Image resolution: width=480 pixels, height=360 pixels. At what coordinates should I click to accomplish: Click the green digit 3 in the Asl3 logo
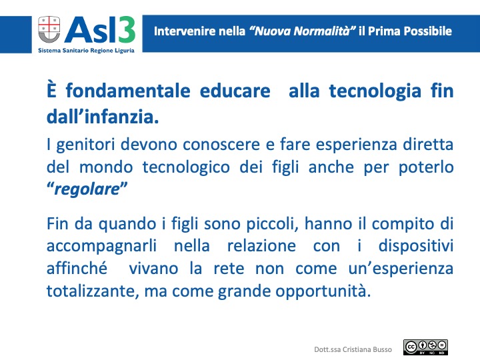(126, 30)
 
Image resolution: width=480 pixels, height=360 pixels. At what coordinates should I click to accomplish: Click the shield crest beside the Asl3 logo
(49, 30)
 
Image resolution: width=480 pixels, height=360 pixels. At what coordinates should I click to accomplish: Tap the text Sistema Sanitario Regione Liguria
(86, 51)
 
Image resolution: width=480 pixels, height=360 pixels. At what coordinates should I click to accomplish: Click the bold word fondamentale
(128, 91)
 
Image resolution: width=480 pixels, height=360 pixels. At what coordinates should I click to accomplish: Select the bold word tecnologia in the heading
(375, 91)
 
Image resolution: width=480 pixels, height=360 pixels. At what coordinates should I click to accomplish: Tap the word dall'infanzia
(103, 116)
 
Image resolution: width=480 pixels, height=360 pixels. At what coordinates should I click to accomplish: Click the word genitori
(86, 145)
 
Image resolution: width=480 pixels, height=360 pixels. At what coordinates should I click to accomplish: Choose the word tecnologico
(186, 167)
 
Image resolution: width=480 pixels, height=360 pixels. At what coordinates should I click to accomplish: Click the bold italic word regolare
(87, 189)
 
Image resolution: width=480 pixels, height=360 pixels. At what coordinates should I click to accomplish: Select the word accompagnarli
(101, 247)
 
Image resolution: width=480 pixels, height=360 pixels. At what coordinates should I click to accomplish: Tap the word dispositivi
(416, 246)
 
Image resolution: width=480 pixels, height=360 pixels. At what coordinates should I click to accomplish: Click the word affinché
(77, 268)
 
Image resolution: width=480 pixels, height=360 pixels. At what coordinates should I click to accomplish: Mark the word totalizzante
(91, 291)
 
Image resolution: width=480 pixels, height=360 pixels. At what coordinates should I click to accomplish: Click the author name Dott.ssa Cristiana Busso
(353, 349)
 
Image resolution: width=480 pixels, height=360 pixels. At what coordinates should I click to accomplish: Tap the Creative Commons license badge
(425, 347)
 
